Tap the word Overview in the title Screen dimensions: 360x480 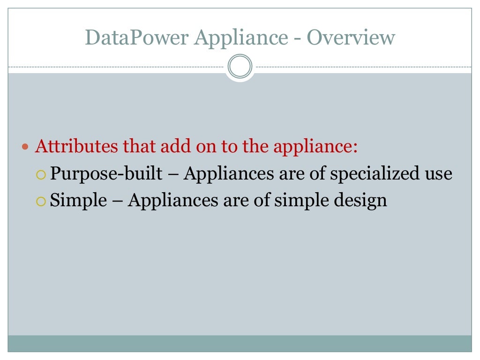click(351, 37)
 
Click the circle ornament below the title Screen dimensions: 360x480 click(240, 67)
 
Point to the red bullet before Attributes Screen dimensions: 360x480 click(26, 147)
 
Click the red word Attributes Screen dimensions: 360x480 click(76, 146)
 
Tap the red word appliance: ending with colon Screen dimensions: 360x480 click(315, 147)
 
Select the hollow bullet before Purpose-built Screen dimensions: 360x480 click(41, 174)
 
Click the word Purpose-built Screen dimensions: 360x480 click(106, 174)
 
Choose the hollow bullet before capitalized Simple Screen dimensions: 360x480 click(41, 201)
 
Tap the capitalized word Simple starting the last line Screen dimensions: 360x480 click(78, 201)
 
